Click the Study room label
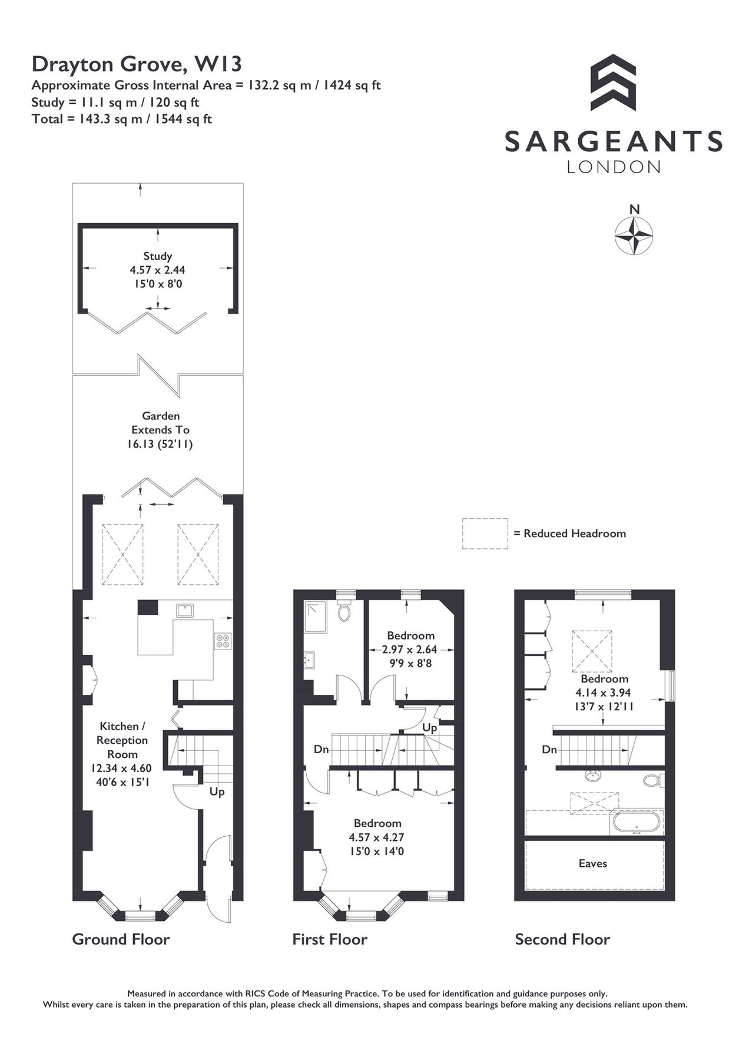pos(157,256)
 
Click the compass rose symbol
pos(634,236)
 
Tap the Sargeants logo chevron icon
pos(613,82)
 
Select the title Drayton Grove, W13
pos(137,63)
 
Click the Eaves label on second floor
pos(592,863)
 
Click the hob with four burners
pos(223,641)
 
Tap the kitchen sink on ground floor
pos(185,610)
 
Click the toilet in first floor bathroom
pos(344,612)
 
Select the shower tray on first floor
pos(316,617)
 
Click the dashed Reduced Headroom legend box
pos(485,534)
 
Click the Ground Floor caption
pos(121,939)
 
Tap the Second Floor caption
pos(562,939)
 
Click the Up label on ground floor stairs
pos(217,792)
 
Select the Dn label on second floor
pos(549,750)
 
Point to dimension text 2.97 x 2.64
pos(410,650)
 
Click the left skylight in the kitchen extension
pos(123,555)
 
